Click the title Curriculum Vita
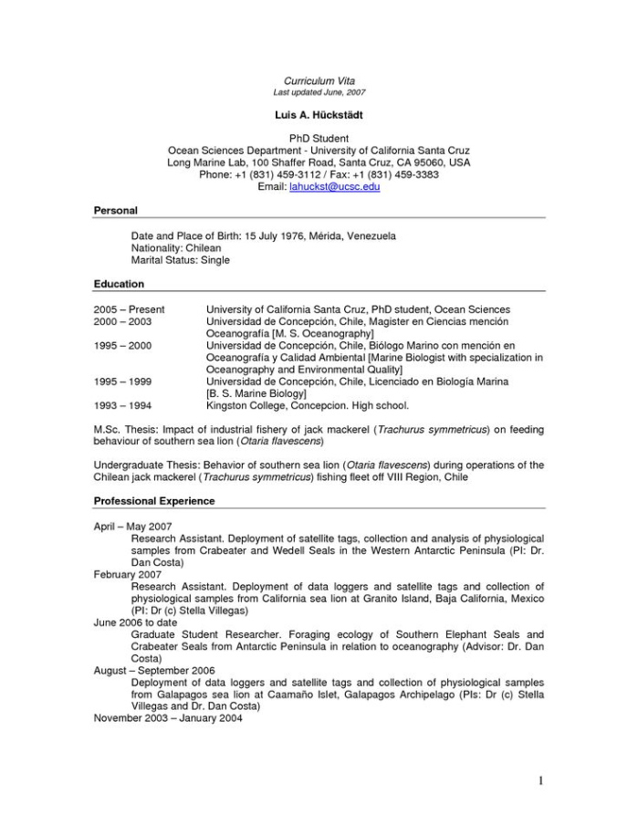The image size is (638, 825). click(x=319, y=81)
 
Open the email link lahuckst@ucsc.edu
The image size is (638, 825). click(x=334, y=186)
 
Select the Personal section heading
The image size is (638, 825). click(x=116, y=211)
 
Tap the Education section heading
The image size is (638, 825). click(x=120, y=285)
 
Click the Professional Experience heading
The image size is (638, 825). click(x=154, y=501)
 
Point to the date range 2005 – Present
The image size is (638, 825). click(x=130, y=310)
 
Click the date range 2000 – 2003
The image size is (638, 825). click(x=123, y=322)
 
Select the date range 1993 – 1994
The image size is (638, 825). click(x=123, y=405)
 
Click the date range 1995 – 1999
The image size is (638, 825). click(x=123, y=381)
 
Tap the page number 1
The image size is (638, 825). click(x=541, y=779)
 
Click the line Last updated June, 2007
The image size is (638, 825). click(x=319, y=93)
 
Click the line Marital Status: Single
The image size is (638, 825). click(x=181, y=260)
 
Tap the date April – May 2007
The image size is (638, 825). click(x=133, y=527)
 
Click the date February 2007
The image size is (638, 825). click(x=128, y=575)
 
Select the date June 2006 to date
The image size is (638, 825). click(x=134, y=622)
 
